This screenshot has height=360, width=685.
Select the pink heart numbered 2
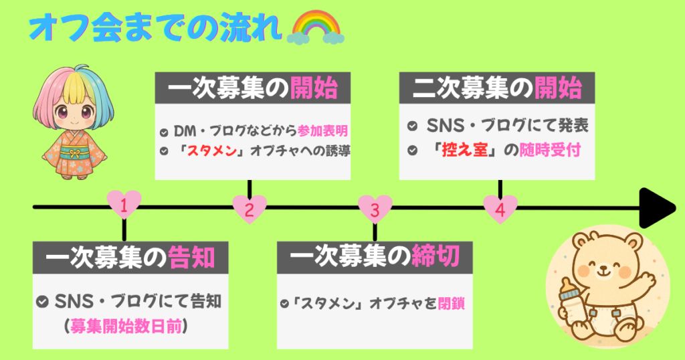[x=250, y=209]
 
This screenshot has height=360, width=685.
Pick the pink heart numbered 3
[x=375, y=209]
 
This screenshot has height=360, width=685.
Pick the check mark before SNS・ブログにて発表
[x=414, y=126]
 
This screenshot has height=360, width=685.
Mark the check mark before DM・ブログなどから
[x=165, y=130]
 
